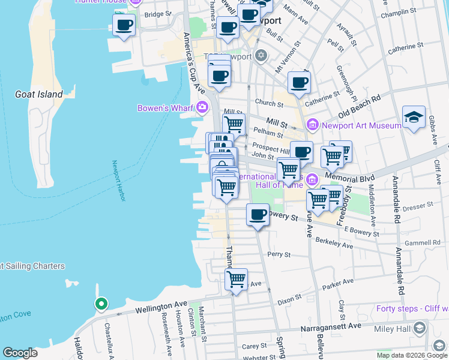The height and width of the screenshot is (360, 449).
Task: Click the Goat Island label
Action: (x=38, y=94)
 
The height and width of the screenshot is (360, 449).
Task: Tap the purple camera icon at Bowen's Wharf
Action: (x=202, y=108)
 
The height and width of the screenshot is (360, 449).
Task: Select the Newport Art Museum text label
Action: (x=361, y=125)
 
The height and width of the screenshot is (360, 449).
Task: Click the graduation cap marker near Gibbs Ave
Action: (x=414, y=116)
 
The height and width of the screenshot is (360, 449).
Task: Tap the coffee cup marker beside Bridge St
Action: (x=124, y=25)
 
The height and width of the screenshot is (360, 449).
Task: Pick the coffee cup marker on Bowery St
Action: (x=258, y=214)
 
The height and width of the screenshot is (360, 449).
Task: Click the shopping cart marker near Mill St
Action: (x=234, y=124)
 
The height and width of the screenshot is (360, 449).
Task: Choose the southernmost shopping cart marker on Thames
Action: (x=236, y=279)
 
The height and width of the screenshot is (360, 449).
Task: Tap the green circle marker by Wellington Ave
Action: (x=101, y=304)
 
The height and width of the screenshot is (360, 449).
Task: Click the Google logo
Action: (x=20, y=353)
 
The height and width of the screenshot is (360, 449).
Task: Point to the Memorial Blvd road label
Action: (x=350, y=179)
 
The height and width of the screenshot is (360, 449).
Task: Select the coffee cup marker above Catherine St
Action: (x=299, y=83)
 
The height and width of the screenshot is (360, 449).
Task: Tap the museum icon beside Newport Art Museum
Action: (x=312, y=125)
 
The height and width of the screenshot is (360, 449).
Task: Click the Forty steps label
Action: (x=412, y=309)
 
